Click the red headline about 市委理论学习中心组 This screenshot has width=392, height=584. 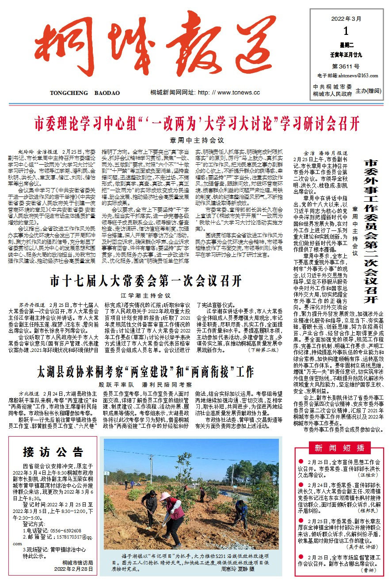point(197,123)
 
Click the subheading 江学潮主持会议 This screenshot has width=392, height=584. point(145,295)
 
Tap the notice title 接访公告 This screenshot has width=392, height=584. point(53,452)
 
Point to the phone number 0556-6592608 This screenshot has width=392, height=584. point(59,530)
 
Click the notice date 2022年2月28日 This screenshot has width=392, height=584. point(74,569)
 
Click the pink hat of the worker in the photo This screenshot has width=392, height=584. point(165,496)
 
